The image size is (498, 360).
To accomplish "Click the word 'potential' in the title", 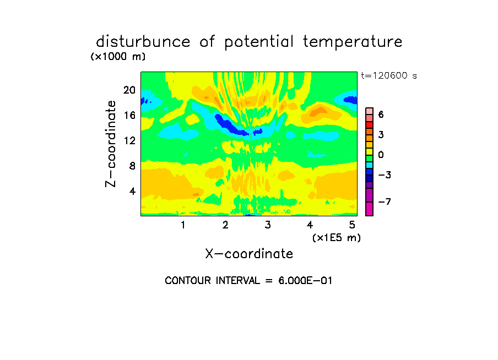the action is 259,42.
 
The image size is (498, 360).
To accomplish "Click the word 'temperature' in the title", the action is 353,42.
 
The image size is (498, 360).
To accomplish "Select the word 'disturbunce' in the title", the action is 143,41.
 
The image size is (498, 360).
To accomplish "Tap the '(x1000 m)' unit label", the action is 118,57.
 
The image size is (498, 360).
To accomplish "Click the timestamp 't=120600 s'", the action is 389,75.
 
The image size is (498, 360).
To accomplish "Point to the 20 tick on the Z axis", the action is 129,90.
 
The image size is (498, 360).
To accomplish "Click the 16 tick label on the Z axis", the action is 129,115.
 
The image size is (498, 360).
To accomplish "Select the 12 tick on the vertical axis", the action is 129,140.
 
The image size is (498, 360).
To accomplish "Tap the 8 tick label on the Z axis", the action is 132,166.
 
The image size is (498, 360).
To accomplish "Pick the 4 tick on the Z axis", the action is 132,191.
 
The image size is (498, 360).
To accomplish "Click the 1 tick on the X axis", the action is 183,225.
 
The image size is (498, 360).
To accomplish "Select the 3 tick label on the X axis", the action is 268,225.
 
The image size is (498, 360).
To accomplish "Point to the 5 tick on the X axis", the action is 352,225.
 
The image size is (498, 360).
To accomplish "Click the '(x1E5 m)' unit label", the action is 337,238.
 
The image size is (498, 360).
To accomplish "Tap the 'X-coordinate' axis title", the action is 249,254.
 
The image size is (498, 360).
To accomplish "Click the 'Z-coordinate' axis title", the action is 111,144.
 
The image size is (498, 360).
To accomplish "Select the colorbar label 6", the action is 381,114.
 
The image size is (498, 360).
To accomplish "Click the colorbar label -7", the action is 385,201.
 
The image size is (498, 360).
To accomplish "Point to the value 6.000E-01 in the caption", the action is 305,281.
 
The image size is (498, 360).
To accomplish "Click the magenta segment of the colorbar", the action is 370,209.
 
